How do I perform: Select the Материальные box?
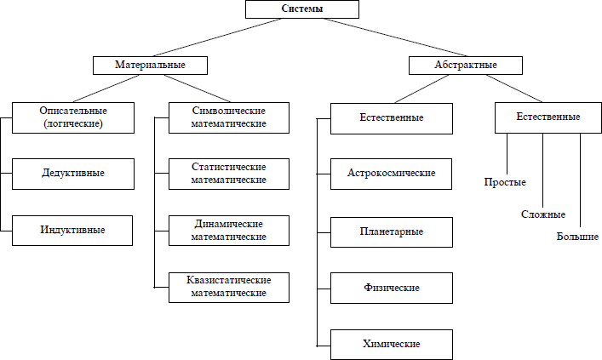[x=151, y=65]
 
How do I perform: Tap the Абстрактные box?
[x=465, y=65]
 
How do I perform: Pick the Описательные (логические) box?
[x=72, y=117]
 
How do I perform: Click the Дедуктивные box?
[x=72, y=173]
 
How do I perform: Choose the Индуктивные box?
[x=72, y=230]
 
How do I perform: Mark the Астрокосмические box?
[x=392, y=173]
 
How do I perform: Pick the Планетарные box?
[x=392, y=231]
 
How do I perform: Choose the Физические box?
[x=392, y=288]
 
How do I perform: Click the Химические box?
[x=392, y=345]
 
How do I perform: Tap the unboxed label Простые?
[x=505, y=182]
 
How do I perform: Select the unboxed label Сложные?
[x=542, y=214]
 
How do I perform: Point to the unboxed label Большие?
[x=577, y=234]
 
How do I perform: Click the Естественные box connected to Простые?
[x=548, y=117]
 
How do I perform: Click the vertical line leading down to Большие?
[x=580, y=179]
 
